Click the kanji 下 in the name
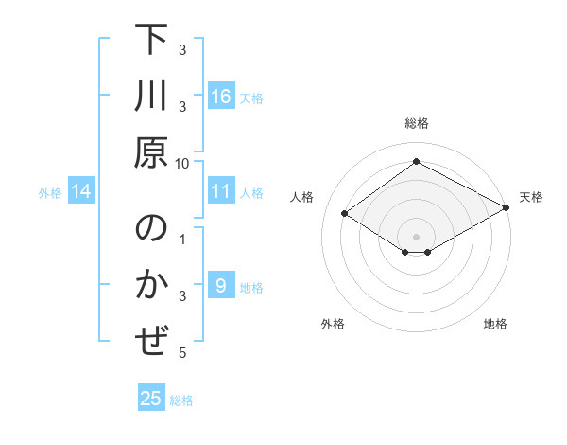click(x=151, y=43)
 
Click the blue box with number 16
click(x=220, y=97)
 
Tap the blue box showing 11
click(x=220, y=192)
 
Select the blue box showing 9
click(x=220, y=286)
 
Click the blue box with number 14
click(x=81, y=192)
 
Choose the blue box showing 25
click(x=151, y=399)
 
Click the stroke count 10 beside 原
click(x=182, y=163)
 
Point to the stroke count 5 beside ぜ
click(x=182, y=353)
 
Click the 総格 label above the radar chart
click(x=416, y=124)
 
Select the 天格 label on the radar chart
click(x=531, y=197)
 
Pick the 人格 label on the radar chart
click(x=302, y=197)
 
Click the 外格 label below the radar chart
click(x=332, y=325)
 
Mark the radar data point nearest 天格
click(x=507, y=208)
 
